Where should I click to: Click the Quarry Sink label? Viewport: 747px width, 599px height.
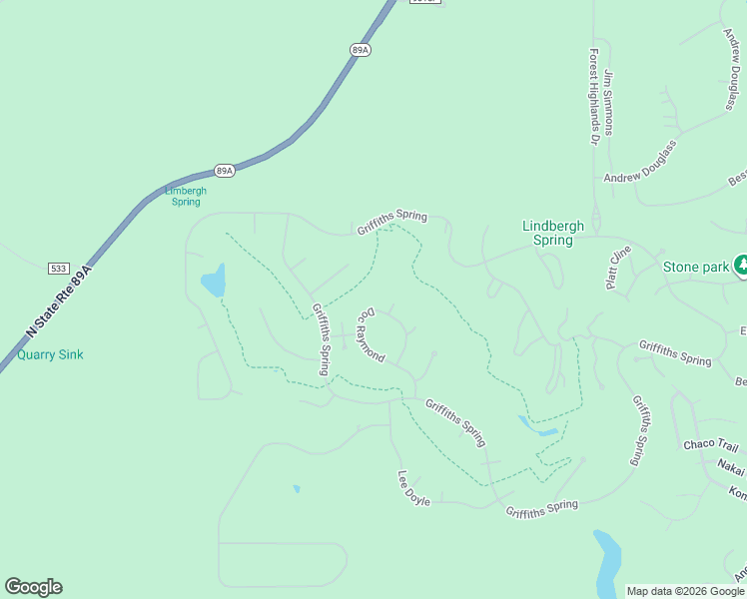pyautogui.click(x=50, y=354)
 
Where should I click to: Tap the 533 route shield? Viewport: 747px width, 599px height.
pyautogui.click(x=58, y=269)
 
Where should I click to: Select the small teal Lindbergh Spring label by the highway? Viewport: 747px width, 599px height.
pyautogui.click(x=186, y=196)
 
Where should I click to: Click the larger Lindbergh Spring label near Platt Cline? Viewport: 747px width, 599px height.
pyautogui.click(x=553, y=233)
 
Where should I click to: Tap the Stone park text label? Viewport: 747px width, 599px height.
pyautogui.click(x=696, y=267)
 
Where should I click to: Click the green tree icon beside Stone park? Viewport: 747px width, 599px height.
pyautogui.click(x=741, y=265)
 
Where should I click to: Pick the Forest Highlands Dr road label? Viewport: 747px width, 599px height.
pyautogui.click(x=593, y=98)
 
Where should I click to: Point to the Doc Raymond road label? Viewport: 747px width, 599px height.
pyautogui.click(x=371, y=334)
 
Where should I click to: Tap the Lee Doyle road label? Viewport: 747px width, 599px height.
pyautogui.click(x=413, y=488)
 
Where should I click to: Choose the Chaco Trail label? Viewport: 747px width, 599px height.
pyautogui.click(x=710, y=444)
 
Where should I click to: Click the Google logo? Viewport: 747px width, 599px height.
pyautogui.click(x=33, y=587)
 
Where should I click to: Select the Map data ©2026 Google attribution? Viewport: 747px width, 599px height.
pyautogui.click(x=685, y=591)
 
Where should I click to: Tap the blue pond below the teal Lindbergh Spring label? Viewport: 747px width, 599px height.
pyautogui.click(x=214, y=281)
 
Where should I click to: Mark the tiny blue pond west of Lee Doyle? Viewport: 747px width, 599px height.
pyautogui.click(x=297, y=489)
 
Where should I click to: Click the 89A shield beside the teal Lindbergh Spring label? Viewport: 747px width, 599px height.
pyautogui.click(x=224, y=171)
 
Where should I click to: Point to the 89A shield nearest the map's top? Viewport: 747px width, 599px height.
pyautogui.click(x=361, y=49)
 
